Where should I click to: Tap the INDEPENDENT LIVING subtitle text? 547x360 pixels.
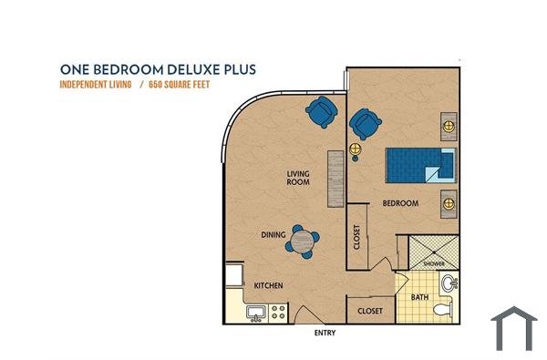(96, 85)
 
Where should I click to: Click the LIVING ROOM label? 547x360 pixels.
(298, 178)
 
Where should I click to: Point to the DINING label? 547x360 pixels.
(273, 235)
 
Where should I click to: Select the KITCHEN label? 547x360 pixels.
(268, 286)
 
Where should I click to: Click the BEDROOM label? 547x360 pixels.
(400, 203)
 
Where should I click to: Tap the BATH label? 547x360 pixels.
(419, 297)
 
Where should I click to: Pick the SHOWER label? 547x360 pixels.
(433, 264)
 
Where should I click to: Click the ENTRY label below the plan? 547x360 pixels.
(324, 334)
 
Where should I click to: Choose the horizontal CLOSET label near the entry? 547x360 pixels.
(370, 311)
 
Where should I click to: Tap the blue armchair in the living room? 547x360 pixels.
(322, 113)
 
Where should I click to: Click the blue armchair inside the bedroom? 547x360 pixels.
(366, 122)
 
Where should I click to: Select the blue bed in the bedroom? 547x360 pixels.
(418, 165)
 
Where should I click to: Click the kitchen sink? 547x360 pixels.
(254, 313)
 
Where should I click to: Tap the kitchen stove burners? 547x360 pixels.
(277, 313)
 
